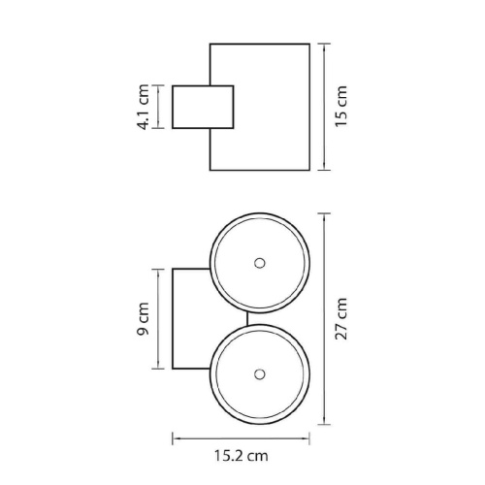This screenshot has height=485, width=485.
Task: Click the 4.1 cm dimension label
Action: (x=144, y=107)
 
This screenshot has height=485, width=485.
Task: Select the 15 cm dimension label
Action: (x=340, y=107)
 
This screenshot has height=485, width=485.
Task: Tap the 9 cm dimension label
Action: (x=144, y=319)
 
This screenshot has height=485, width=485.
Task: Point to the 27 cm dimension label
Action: (x=340, y=319)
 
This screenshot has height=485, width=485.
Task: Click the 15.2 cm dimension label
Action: (x=242, y=456)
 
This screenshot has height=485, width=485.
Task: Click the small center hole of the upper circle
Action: (x=259, y=263)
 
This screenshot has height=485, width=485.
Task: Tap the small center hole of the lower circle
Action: (x=259, y=374)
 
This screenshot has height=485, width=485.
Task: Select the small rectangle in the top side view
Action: (x=203, y=107)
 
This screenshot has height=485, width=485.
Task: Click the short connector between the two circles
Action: (x=247, y=319)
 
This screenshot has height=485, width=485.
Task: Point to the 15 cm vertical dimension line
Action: (x=324, y=107)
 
